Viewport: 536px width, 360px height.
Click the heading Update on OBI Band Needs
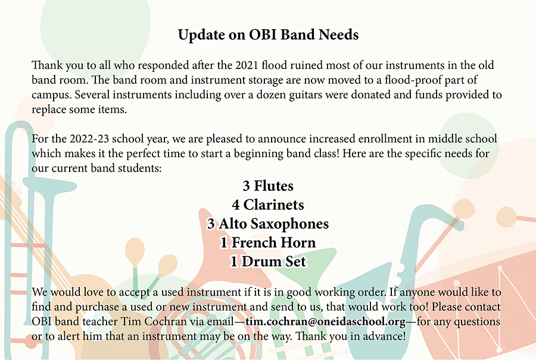tap(268, 35)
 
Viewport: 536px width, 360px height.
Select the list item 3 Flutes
tap(268, 186)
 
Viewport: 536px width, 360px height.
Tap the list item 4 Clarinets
tap(268, 205)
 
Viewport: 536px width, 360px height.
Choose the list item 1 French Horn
tap(268, 243)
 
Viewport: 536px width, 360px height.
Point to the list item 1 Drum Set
tap(268, 262)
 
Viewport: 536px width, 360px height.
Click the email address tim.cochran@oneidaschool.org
tap(326, 322)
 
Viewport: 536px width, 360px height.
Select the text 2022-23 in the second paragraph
tap(89, 139)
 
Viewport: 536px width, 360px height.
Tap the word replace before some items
tap(49, 110)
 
